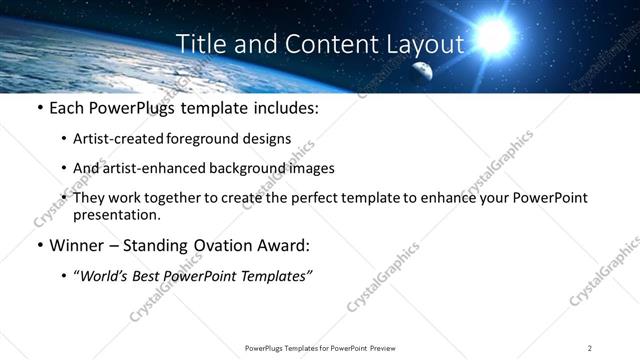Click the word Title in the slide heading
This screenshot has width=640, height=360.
(199, 44)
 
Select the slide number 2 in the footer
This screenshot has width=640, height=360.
(590, 347)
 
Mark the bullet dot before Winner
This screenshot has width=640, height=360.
(38, 246)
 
